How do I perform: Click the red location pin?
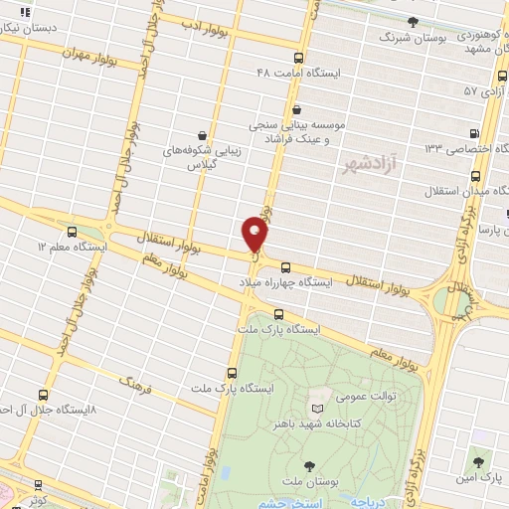pyautogui.click(x=255, y=234)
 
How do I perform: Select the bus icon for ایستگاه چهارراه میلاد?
pyautogui.click(x=286, y=266)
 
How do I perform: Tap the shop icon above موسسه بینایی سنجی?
pyautogui.click(x=295, y=110)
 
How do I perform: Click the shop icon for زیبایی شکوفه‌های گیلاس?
pyautogui.click(x=203, y=133)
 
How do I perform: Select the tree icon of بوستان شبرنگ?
pyautogui.click(x=413, y=21)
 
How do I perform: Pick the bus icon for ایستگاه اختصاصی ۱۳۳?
pyautogui.click(x=473, y=132)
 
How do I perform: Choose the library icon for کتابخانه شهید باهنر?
pyautogui.click(x=317, y=409)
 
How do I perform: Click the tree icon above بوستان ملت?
pyautogui.click(x=310, y=464)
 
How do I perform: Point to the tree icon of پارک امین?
pyautogui.click(x=481, y=462)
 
